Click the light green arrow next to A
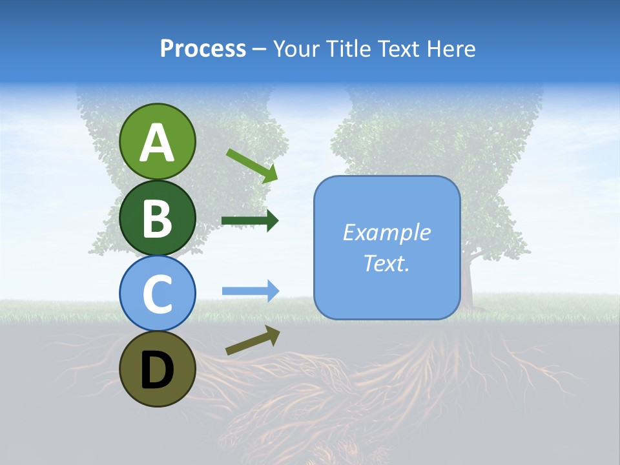coord(252,165)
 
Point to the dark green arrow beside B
coord(250,221)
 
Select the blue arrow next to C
coord(250,291)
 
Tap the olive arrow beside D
coord(253,340)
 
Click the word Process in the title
coord(203,49)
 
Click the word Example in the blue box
coord(386,232)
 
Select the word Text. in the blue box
coord(386,263)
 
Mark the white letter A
coord(157,143)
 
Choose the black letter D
coord(157,371)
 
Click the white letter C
coord(157,294)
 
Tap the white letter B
coord(157,218)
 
